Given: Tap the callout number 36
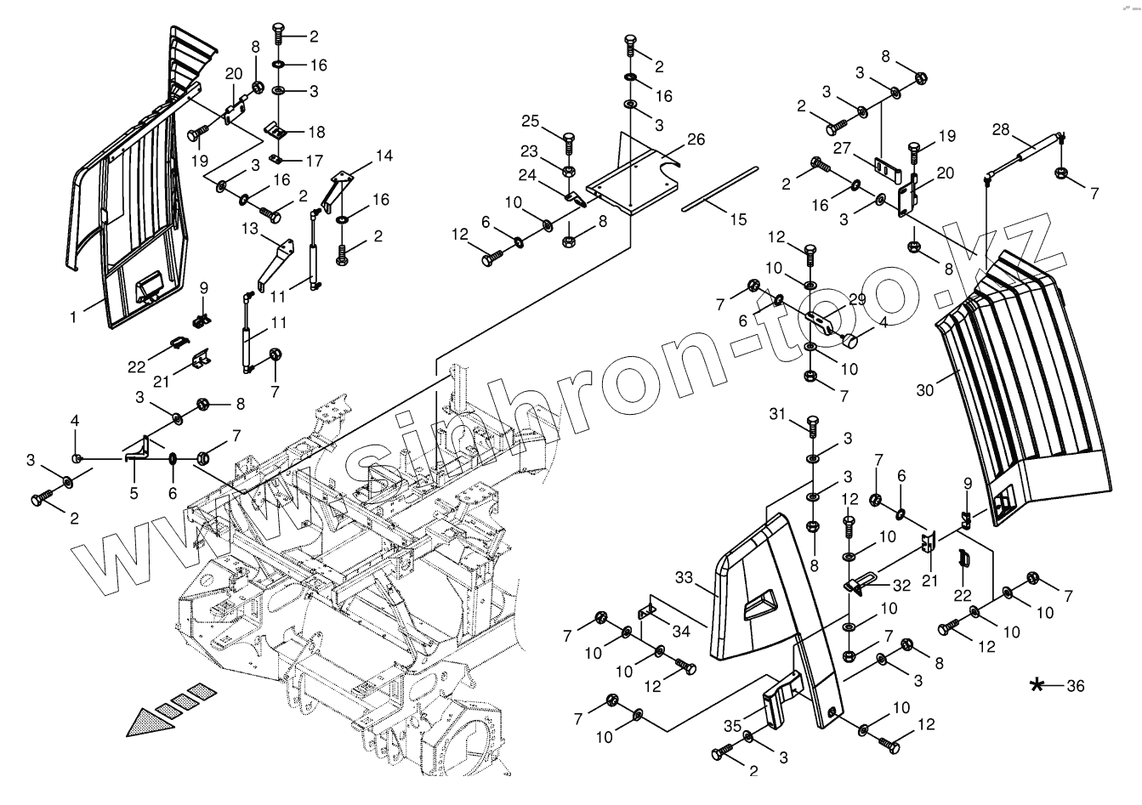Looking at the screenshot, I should point(1075,686).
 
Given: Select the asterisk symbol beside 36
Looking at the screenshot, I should point(1037,685).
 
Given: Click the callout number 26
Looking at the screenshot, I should point(696,139).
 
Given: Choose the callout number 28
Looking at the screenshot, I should point(1001,129).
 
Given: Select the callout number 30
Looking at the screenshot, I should point(926,389).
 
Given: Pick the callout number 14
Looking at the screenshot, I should point(384,156).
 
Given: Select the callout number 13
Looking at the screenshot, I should point(249,229).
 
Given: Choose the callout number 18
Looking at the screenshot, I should point(316,132).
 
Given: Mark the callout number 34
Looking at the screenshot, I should point(680,631).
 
